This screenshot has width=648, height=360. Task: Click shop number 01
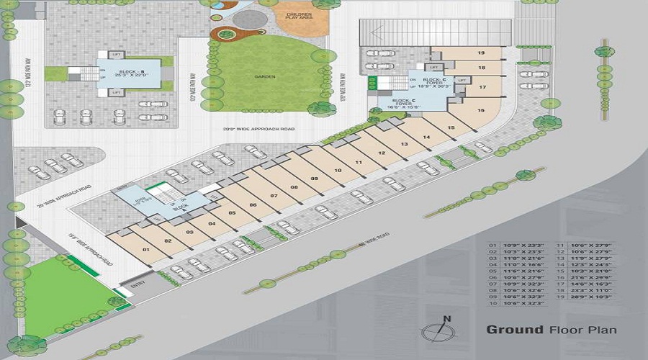[145, 250]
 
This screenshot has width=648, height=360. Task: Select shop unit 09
[315, 179]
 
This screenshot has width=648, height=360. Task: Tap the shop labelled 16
[480, 110]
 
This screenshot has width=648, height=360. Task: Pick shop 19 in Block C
[480, 53]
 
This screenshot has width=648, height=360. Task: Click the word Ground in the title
[514, 330]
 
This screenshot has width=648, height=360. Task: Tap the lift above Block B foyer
[116, 55]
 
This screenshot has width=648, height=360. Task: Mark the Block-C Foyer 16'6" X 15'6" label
[402, 104]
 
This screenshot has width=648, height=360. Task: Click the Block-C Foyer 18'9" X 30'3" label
[434, 83]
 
